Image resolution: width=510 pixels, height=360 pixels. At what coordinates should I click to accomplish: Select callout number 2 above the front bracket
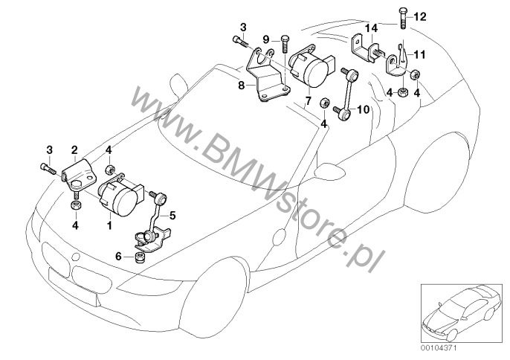tap(74, 150)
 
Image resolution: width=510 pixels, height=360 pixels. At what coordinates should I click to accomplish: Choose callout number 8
tap(241, 86)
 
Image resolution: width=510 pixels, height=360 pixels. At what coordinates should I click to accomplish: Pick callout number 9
tap(265, 37)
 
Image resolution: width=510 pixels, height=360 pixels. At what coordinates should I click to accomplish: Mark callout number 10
tap(364, 109)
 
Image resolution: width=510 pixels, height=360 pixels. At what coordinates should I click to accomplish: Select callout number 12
tap(418, 16)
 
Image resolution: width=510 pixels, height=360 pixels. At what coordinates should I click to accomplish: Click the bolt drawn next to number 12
tap(402, 16)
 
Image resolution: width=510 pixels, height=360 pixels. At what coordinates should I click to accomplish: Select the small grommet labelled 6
tap(138, 258)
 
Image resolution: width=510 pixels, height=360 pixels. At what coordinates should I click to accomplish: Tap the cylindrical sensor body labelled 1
tap(121, 195)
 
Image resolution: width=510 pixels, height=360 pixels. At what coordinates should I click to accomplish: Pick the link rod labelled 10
tap(343, 93)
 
